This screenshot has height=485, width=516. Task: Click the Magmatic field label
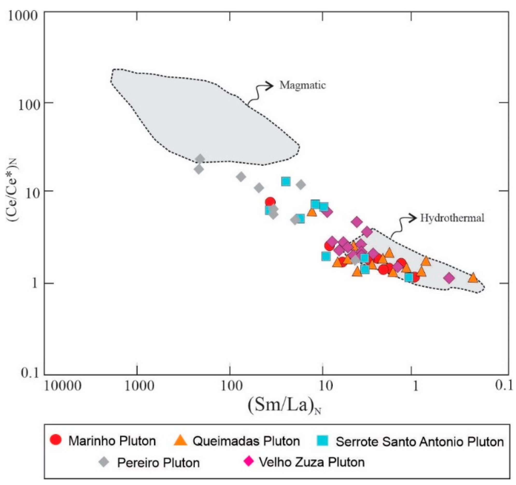click(302, 85)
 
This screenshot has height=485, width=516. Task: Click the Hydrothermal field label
click(452, 218)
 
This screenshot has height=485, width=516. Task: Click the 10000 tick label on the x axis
click(62, 386)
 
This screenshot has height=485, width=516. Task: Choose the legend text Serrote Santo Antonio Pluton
click(419, 442)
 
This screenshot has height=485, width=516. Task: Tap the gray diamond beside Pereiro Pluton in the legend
click(104, 462)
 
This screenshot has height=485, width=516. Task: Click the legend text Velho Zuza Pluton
click(312, 462)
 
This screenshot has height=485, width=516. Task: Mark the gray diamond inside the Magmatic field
click(200, 159)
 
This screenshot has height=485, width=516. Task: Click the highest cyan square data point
click(286, 182)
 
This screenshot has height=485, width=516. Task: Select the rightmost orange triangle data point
click(473, 278)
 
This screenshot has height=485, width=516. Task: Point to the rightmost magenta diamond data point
click(449, 278)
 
